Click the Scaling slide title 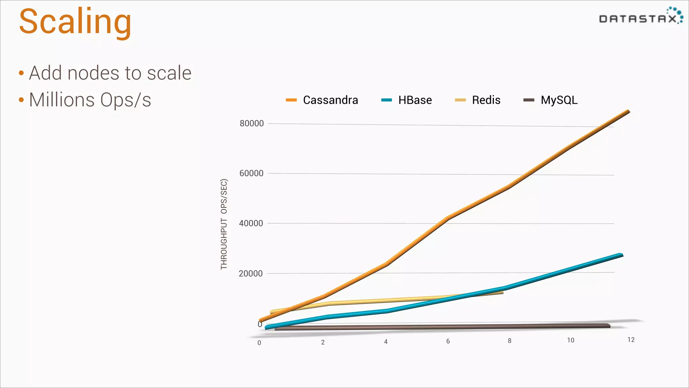75,22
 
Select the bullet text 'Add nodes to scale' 110,73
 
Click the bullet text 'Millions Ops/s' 90,100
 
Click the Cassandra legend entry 322,100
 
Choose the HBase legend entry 407,100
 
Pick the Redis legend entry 478,100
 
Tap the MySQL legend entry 551,100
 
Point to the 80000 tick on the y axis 252,124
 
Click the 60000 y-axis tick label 251,173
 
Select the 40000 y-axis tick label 251,223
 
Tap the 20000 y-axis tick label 251,273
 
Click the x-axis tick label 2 323,343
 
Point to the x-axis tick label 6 448,342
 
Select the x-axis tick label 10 571,341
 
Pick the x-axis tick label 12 631,340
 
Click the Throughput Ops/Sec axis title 224,224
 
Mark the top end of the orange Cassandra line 628,111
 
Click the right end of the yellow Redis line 502,293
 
